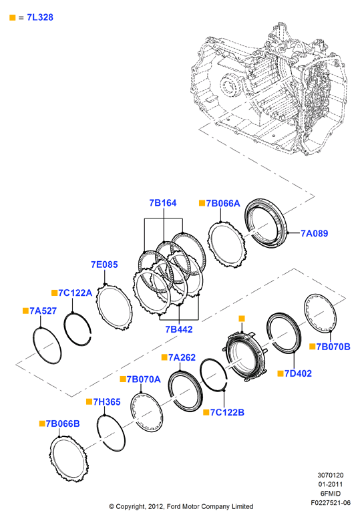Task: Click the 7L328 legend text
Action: pyautogui.click(x=40, y=17)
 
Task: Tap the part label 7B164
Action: pyautogui.click(x=163, y=202)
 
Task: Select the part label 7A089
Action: pyautogui.click(x=314, y=233)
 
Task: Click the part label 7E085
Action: pyautogui.click(x=104, y=265)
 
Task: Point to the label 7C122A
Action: pyautogui.click(x=75, y=293)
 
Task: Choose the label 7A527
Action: pyautogui.click(x=43, y=311)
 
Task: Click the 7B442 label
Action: pyautogui.click(x=179, y=329)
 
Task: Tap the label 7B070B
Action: pyautogui.click(x=333, y=347)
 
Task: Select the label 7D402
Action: pyautogui.click(x=299, y=373)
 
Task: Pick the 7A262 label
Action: pyautogui.click(x=182, y=357)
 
